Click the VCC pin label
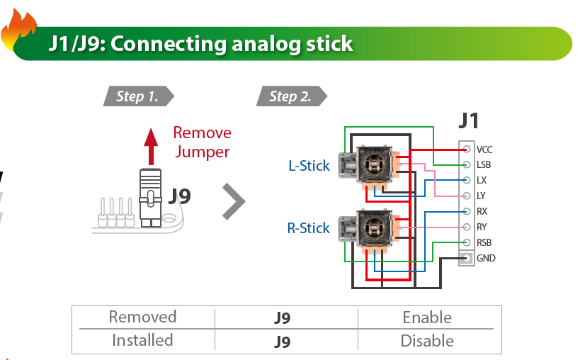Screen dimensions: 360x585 coord(484,150)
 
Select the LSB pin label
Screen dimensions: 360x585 coord(484,165)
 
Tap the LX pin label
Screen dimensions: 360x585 coord(482,181)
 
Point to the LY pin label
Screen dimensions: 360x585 coord(482,196)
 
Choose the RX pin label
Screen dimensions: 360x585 coord(482,212)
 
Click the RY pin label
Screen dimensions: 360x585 coord(482,227)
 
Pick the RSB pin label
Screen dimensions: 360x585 coord(484,242)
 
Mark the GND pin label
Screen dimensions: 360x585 coord(486,258)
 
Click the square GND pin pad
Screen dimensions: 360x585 coord(466,258)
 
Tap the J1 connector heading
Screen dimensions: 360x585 coord(468,120)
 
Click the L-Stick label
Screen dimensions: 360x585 coord(309,166)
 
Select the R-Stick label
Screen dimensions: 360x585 coord(308,228)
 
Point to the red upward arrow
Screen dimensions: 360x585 coord(151,146)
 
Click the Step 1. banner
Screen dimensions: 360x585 coord(137,96)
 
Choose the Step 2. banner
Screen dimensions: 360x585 coord(290,96)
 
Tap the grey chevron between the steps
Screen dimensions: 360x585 coord(233,202)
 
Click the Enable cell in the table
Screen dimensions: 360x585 coord(427,317)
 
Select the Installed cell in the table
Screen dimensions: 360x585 coord(142,340)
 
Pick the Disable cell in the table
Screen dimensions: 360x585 coord(427,341)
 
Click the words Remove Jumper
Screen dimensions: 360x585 coord(202,142)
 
